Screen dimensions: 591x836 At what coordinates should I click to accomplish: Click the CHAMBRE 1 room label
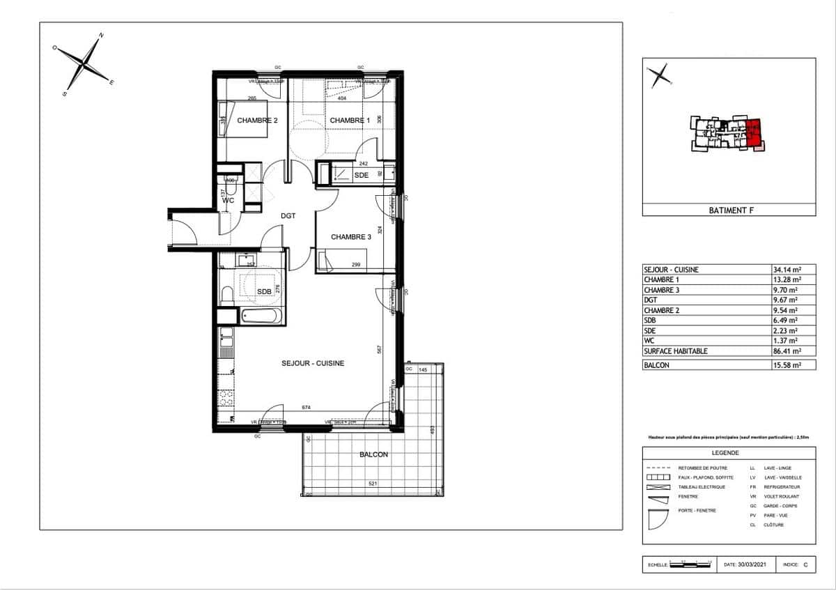point(350,121)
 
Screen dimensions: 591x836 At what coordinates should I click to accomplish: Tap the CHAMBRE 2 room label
point(257,121)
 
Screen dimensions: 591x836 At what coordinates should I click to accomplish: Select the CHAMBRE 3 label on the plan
point(350,236)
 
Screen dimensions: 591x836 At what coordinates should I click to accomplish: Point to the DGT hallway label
point(288,216)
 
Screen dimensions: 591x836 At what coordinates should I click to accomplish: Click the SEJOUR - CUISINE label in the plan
point(313,363)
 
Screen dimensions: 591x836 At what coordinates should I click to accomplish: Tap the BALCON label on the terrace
point(373,454)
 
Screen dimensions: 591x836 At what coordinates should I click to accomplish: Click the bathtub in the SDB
point(261,316)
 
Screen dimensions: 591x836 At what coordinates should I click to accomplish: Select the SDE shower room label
point(361,175)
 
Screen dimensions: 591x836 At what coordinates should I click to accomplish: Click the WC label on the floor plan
point(228,201)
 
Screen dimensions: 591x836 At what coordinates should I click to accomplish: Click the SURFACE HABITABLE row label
point(675,351)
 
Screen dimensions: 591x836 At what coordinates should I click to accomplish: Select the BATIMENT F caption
point(729,210)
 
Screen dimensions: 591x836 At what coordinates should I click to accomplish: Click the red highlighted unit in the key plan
point(754,132)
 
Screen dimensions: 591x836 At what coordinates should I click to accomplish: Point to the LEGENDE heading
point(729,452)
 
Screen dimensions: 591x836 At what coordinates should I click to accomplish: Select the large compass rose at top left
point(84,63)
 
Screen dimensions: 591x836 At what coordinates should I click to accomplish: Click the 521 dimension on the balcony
point(373,484)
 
